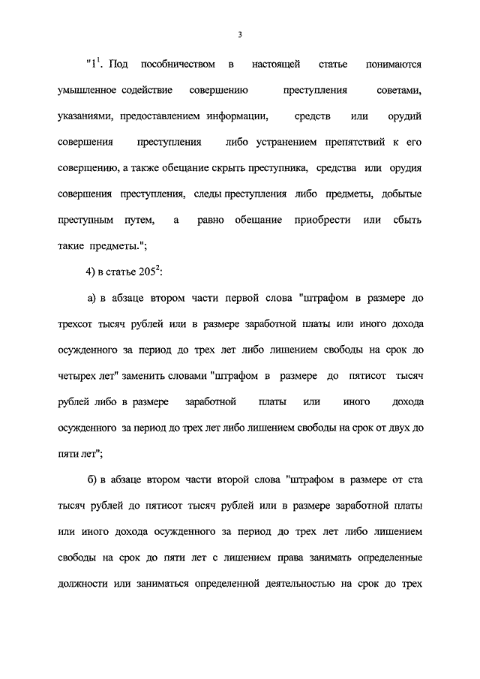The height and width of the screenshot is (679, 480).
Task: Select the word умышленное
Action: (x=87, y=91)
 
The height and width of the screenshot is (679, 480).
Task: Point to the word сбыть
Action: (x=407, y=221)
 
